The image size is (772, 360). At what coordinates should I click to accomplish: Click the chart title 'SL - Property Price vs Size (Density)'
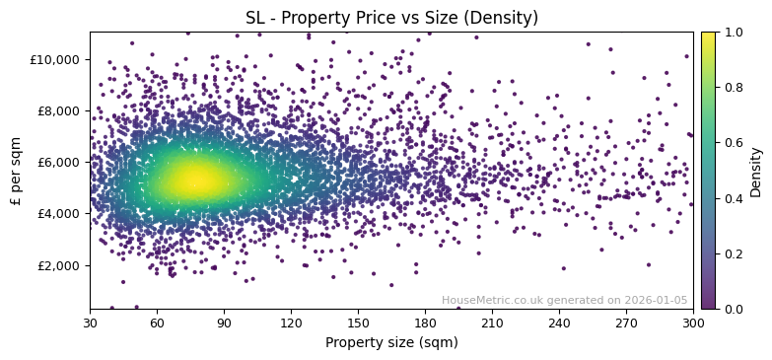tap(391, 18)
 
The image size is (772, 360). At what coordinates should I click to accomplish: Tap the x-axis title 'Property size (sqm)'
tap(391, 342)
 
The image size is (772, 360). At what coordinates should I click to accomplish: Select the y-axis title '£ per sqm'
tap(16, 171)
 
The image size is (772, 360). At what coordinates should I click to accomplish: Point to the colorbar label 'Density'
tap(756, 171)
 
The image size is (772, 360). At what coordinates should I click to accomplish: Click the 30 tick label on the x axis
tap(90, 323)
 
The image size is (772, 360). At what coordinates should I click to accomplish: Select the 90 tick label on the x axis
tap(224, 323)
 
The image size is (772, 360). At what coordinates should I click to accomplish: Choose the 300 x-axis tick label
tap(693, 323)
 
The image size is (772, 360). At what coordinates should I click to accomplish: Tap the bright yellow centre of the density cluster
tap(195, 180)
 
